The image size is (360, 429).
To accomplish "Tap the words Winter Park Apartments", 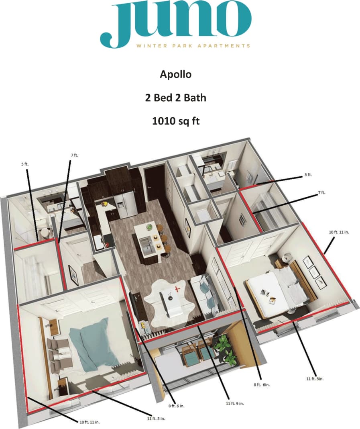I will (x=193, y=46).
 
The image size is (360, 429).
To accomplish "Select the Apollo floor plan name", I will (x=175, y=74).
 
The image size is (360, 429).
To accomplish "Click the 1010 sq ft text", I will (x=175, y=121).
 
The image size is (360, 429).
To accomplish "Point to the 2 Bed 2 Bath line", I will (x=175, y=97).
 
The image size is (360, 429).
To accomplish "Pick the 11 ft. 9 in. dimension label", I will (x=235, y=403).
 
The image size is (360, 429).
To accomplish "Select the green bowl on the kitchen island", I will (x=149, y=228).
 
